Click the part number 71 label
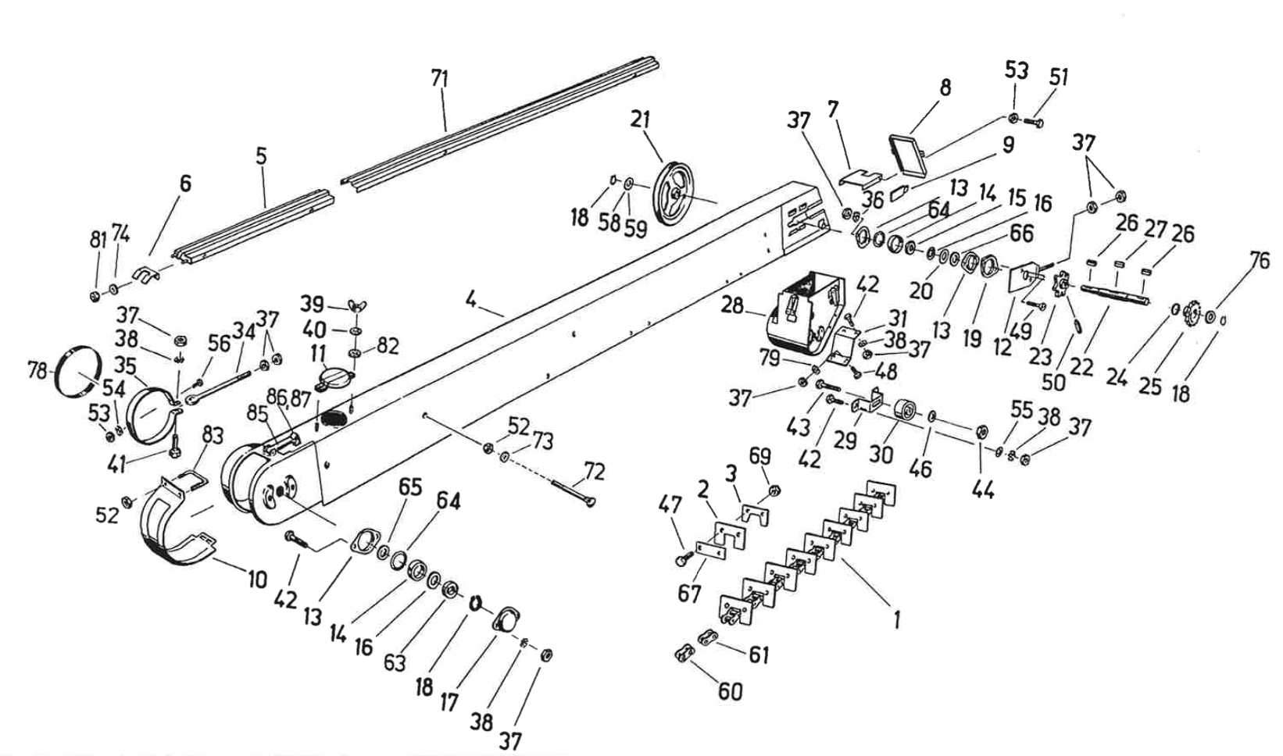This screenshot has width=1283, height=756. (x=440, y=78)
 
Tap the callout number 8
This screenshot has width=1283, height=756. (x=945, y=87)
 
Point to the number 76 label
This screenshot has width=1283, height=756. (x=1260, y=261)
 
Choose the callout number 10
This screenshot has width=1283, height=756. (x=257, y=579)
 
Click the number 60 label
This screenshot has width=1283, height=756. (x=731, y=691)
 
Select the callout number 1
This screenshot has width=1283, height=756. (x=897, y=620)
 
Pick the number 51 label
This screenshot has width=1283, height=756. (x=1059, y=77)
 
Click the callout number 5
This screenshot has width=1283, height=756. (x=261, y=155)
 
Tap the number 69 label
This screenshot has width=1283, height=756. (x=759, y=455)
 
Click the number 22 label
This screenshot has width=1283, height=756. (x=1081, y=366)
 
